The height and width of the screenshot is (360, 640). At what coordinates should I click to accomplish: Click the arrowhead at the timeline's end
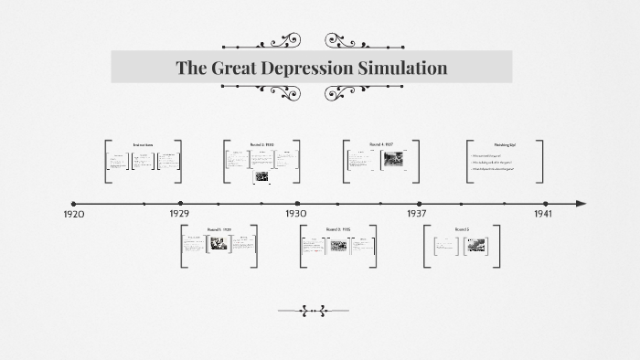[x=581, y=204]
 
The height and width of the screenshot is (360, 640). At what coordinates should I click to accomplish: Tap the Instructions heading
[x=143, y=145]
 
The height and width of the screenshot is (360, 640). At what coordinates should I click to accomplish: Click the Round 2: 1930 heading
[x=261, y=144]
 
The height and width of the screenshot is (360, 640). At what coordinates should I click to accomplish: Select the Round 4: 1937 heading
[x=381, y=144]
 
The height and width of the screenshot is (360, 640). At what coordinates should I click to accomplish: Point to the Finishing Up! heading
[x=505, y=145]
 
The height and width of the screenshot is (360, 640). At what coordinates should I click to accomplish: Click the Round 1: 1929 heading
[x=219, y=228]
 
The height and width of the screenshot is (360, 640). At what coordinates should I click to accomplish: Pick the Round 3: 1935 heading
[x=338, y=228]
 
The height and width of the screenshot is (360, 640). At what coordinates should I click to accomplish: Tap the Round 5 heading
[x=462, y=228]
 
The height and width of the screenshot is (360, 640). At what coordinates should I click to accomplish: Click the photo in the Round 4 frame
[x=393, y=160]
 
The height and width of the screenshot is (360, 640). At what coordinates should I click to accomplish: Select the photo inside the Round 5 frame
[x=477, y=244]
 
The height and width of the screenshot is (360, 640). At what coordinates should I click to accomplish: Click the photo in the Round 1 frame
[x=219, y=244]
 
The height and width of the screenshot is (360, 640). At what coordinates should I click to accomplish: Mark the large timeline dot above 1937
[x=420, y=204]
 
